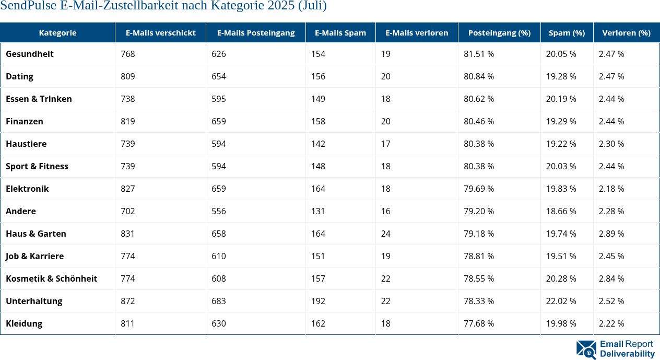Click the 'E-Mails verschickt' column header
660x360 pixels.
point(160,32)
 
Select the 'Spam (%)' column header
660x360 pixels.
point(567,32)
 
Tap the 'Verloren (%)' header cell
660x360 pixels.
point(626,32)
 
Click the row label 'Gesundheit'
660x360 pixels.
point(30,54)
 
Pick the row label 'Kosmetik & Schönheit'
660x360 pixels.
point(51,278)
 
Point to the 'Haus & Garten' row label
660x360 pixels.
point(36,234)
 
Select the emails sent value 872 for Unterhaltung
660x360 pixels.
point(128,301)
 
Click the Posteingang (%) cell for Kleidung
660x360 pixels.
point(479,323)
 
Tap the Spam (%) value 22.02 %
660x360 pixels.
point(561,301)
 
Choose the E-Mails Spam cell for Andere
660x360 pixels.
point(318,211)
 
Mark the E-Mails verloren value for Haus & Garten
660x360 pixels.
point(386,234)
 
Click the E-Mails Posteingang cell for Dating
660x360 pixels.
point(219,76)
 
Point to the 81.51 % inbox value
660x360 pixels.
point(479,54)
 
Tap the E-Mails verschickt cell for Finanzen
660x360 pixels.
point(128,121)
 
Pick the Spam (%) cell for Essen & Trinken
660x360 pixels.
point(561,99)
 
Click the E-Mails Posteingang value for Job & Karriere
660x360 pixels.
point(219,256)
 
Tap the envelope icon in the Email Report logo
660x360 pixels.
point(586,350)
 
